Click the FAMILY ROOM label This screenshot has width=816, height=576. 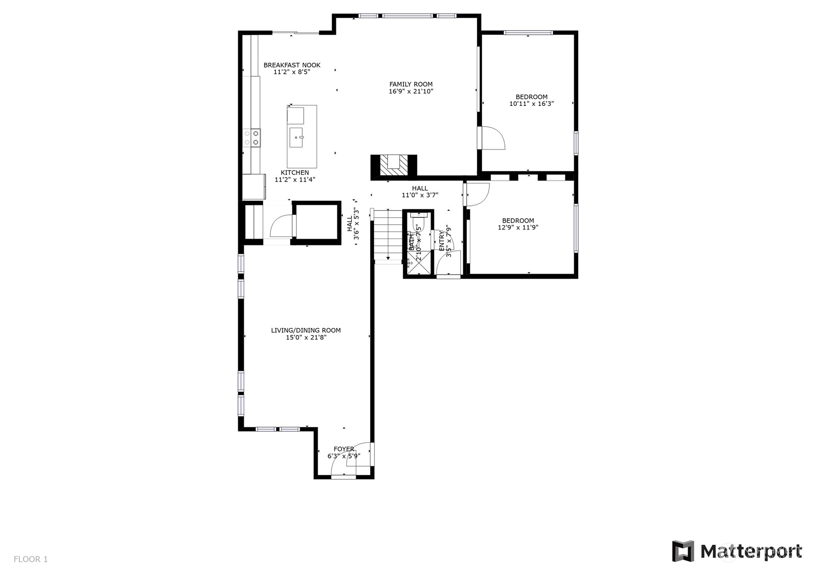[x=411, y=84]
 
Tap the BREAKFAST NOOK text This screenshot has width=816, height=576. [x=292, y=65]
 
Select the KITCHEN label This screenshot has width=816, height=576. [x=295, y=173]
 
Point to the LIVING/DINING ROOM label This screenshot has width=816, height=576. [x=306, y=330]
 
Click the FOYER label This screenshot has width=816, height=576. [x=344, y=449]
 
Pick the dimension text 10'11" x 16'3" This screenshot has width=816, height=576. [x=531, y=104]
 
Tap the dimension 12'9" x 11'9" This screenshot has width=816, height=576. [x=518, y=228]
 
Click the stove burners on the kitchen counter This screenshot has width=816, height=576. [x=252, y=138]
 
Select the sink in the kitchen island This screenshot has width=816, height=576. [x=297, y=137]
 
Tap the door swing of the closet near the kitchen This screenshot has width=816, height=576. [x=281, y=226]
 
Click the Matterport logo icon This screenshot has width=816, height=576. [x=683, y=551]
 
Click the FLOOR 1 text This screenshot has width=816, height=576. [x=31, y=559]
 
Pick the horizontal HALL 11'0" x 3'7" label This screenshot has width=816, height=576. [x=420, y=192]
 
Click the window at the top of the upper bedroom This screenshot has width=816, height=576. [x=528, y=33]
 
